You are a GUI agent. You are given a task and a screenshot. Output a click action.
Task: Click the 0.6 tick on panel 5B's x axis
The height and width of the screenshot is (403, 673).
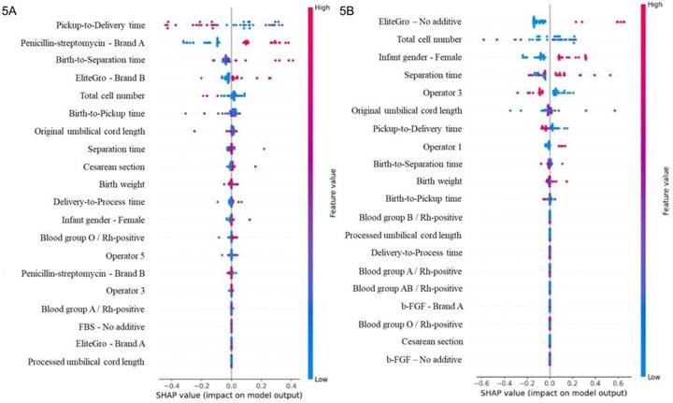coord(617,382)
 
